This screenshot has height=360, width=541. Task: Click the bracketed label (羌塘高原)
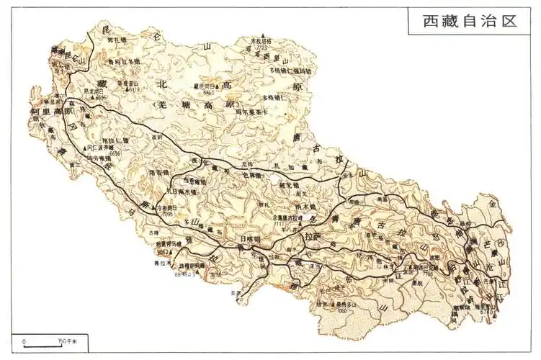196,105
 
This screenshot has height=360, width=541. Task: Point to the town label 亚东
232,293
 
